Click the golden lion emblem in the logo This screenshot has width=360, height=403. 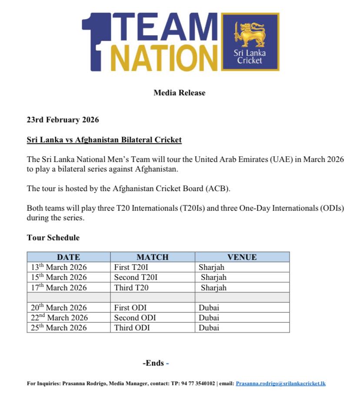tap(250, 34)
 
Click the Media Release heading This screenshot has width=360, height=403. tap(179, 93)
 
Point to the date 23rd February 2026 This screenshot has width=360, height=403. tap(63, 120)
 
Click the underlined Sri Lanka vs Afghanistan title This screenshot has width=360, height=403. tap(104, 140)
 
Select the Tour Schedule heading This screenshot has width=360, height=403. tap(53, 238)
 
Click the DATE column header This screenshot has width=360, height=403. tap(68, 257)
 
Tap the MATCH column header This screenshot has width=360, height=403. tap(152, 257)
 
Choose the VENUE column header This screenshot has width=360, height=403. tap(242, 257)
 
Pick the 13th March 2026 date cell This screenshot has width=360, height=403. tap(59, 267)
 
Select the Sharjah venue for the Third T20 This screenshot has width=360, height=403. tap(213, 288)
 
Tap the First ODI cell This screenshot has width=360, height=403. tap(130, 308)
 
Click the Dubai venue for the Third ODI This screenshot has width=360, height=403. tap(209, 328)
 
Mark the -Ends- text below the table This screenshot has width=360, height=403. tap(155, 363)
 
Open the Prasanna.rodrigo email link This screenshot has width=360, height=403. tap(280, 383)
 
